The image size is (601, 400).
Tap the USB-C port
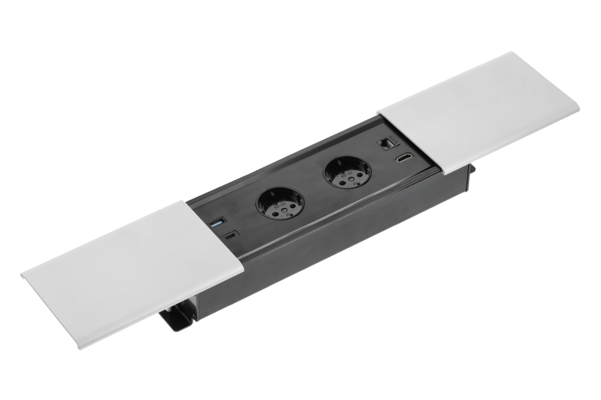coord(231,236)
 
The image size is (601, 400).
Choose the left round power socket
coord(280,205)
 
